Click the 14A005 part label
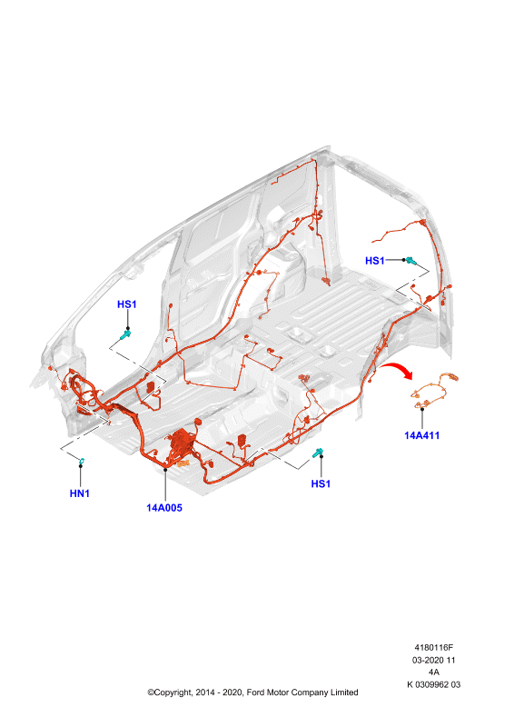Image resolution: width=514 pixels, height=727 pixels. tap(164, 508)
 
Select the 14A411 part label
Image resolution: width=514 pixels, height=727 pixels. tap(421, 435)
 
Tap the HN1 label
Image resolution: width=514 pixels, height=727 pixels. tap(80, 493)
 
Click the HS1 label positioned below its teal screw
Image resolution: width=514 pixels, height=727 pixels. tap(321, 483)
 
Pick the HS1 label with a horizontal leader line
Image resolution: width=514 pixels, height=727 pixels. tap(375, 261)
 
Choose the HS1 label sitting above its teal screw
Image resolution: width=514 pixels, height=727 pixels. tap(126, 304)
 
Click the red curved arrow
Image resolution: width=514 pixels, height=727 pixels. tap(397, 370)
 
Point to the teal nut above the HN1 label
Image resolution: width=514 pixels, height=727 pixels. tap(81, 461)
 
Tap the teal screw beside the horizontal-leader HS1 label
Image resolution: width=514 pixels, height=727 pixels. tap(410, 261)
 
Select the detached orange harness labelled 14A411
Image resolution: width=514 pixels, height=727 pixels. tap(434, 391)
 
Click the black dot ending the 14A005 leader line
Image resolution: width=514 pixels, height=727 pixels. tap(165, 469)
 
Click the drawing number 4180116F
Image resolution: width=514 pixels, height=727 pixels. tap(434, 647)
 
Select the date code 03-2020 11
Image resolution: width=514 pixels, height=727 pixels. tap(434, 660)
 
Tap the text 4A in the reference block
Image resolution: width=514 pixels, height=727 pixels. tap(434, 672)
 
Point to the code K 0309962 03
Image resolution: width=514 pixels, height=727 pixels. tap(434, 684)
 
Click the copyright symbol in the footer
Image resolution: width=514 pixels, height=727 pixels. tap(151, 692)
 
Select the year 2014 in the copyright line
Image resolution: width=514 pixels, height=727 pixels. tap(205, 692)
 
